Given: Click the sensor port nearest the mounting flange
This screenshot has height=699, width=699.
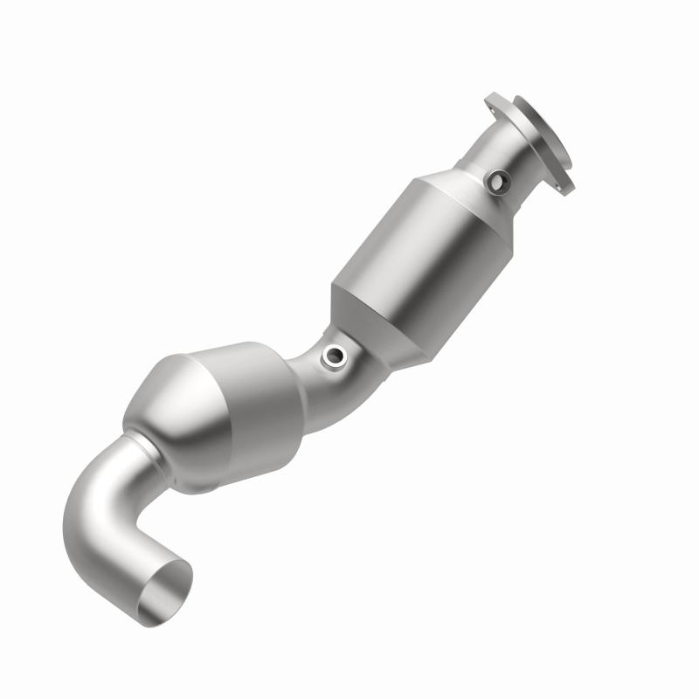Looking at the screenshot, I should (x=498, y=181).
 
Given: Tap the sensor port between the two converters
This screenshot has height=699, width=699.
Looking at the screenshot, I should (x=334, y=354).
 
